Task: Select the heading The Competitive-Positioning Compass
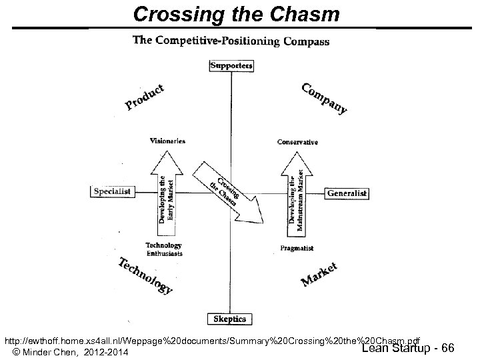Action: coord(231,41)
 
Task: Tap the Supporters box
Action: coord(231,65)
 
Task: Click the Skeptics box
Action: coord(230,319)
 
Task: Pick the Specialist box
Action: coord(112,191)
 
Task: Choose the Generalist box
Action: coord(347,193)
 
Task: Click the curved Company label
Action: coord(324,98)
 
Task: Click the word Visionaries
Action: coord(167,141)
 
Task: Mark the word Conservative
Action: coord(297,142)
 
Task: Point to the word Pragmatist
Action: coord(297,249)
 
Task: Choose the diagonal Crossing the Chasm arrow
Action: coord(227,191)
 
